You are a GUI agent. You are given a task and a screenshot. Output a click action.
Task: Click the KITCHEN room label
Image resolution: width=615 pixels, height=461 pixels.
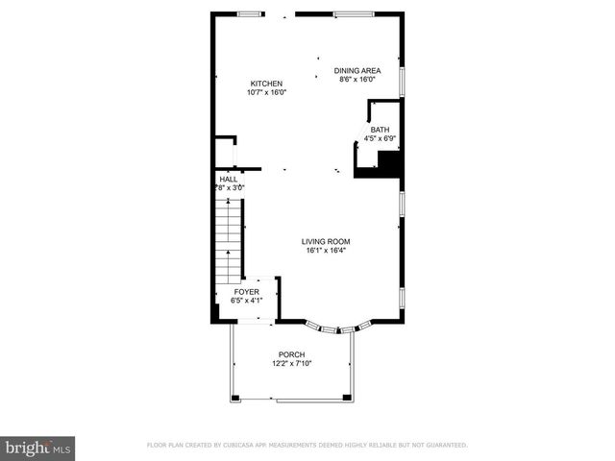267,83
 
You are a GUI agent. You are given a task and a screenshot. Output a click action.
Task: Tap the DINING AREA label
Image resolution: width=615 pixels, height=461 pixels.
357,70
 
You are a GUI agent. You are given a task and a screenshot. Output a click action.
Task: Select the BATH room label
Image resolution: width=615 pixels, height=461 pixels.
381,130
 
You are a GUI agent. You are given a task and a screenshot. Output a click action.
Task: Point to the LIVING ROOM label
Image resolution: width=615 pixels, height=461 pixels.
326,241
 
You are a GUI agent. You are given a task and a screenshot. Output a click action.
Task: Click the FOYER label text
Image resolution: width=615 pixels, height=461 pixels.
246,291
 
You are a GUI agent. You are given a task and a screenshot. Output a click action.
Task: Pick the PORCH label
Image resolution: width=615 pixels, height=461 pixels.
292,354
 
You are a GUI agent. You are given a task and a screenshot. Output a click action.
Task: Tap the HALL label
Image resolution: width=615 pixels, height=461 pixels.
229,179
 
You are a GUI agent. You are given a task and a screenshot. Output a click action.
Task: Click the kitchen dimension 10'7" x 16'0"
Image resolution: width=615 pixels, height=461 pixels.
267,92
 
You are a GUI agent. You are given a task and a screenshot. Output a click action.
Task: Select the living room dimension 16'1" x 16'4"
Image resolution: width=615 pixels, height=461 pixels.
326,251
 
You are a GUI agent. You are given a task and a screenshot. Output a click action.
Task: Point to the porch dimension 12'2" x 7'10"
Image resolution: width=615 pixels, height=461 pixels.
292,364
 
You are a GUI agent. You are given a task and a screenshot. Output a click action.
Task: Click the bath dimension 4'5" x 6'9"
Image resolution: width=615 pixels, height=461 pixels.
381,139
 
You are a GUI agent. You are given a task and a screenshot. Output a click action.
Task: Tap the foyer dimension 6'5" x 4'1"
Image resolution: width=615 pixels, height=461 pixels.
247,301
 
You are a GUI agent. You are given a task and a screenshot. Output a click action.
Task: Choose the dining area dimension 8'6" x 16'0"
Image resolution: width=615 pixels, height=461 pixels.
357,80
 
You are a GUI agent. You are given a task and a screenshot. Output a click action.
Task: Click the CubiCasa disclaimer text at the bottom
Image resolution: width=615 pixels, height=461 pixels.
307,446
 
